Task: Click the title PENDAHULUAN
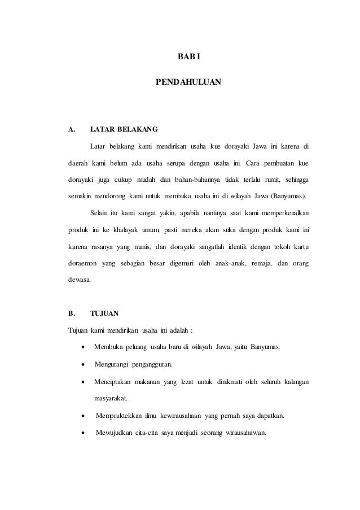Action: tap(188, 83)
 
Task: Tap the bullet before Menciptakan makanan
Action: tap(84, 382)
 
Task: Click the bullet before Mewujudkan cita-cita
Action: tap(84, 433)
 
